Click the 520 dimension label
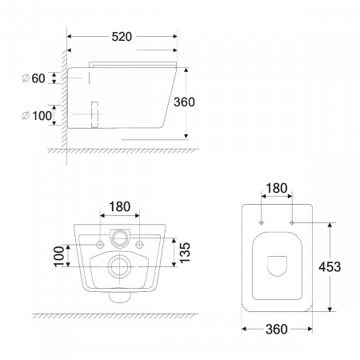[x=122, y=37]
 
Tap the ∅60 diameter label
[x=34, y=78]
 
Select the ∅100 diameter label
[x=37, y=116]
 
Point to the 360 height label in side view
[x=184, y=102]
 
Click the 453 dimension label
[x=330, y=266]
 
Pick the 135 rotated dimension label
[x=185, y=253]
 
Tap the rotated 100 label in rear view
[x=59, y=256]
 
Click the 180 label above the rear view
[x=120, y=206]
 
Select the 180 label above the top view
[x=277, y=188]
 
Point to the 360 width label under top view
[x=277, y=330]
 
